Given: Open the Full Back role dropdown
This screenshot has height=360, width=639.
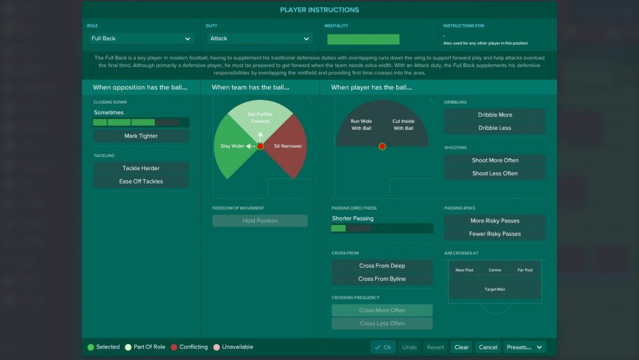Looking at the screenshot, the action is coord(141,38).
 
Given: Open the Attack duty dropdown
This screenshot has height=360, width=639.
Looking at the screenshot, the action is coord(259,38).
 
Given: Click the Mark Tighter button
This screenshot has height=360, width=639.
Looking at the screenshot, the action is coord(141,136).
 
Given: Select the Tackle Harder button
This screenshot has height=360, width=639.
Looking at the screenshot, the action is coord(141,168).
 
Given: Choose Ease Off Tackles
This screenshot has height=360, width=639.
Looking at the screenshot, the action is coord(141,182).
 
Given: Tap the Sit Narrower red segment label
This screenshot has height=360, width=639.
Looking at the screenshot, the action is coord(288,146).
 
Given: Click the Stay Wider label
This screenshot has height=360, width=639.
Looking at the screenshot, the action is coord(233,146).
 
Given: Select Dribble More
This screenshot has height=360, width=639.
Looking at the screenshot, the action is coord(495,115).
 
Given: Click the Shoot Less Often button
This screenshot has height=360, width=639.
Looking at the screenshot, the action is coord(495,173).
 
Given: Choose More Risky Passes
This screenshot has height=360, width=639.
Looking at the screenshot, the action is coord(495,221).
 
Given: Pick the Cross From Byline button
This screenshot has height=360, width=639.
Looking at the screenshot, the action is coord(382,279).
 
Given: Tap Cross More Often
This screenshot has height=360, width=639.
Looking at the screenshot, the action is coord(382,310).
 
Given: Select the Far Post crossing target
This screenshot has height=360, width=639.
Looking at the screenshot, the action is coord(525,270).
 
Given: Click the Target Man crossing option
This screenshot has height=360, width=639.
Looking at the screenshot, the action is coord(495,290).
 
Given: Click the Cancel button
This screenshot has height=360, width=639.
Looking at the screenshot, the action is coord(488,347).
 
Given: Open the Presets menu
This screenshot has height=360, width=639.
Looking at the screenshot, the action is coord(525,347).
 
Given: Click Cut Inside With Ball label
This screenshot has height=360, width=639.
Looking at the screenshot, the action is coord(403,125).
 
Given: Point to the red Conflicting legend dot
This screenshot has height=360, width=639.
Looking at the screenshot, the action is coord(174,347).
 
